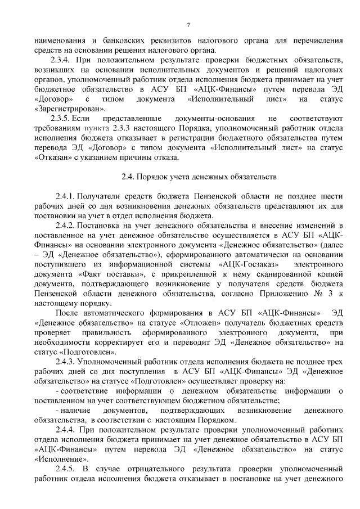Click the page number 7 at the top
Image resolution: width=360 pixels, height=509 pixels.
point(188,24)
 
